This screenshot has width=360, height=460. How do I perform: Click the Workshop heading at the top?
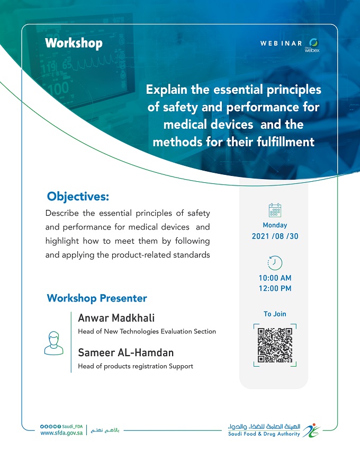pyautogui.click(x=74, y=43)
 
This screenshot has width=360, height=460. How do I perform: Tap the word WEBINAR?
pyautogui.click(x=281, y=43)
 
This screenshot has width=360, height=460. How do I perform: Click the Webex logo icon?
pyautogui.click(x=313, y=45)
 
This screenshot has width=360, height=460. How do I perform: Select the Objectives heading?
pyautogui.click(x=78, y=197)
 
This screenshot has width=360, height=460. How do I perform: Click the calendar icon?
pyautogui.click(x=275, y=210)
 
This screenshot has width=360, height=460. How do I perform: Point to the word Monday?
pyautogui.click(x=275, y=225)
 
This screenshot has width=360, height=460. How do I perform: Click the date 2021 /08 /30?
pyautogui.click(x=275, y=236)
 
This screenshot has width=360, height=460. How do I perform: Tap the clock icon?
pyautogui.click(x=275, y=263)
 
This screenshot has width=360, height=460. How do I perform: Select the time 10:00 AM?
pyautogui.click(x=275, y=278)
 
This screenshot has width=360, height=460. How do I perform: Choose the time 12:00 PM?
pyautogui.click(x=275, y=288)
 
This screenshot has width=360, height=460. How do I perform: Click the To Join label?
pyautogui.click(x=275, y=314)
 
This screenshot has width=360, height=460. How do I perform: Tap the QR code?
pyautogui.click(x=275, y=346)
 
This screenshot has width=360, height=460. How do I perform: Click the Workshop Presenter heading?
pyautogui.click(x=97, y=298)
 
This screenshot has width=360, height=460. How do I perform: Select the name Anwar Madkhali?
pyautogui.click(x=116, y=318)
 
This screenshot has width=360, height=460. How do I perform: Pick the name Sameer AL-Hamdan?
pyautogui.click(x=126, y=352)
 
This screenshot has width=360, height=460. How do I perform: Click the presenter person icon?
pyautogui.click(x=53, y=343)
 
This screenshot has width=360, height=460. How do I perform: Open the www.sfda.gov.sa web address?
pyautogui.click(x=61, y=433)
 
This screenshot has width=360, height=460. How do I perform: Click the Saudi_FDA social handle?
pyautogui.click(x=73, y=427)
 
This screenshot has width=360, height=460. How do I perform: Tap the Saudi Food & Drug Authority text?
pyautogui.click(x=264, y=434)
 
